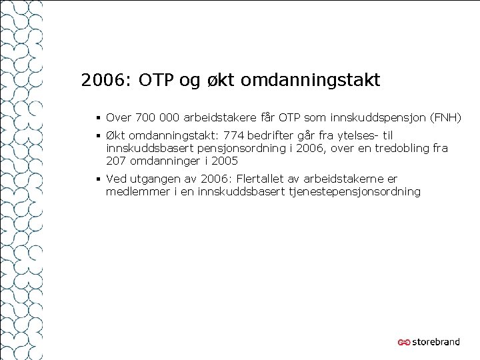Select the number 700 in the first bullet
tap(144, 119)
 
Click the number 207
tap(116, 161)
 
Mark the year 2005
tap(225, 161)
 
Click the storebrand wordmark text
tap(435, 342)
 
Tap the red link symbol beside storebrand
tap(403, 343)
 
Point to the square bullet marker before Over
tap(98, 119)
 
